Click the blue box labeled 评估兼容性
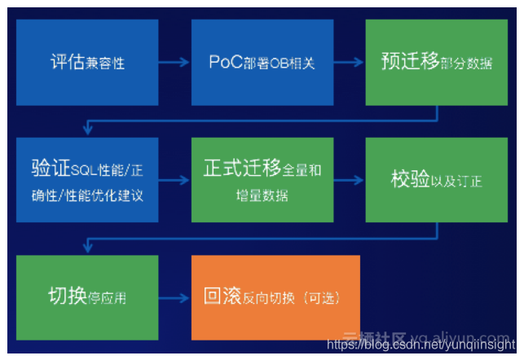87,63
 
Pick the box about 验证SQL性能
87,180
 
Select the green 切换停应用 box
87,296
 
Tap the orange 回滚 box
275,296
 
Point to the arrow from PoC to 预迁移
350,63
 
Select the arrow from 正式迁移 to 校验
350,180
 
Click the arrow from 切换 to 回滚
174,297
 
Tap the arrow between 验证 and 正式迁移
174,180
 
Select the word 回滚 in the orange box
221,296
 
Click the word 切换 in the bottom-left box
68,296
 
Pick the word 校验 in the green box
410,180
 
